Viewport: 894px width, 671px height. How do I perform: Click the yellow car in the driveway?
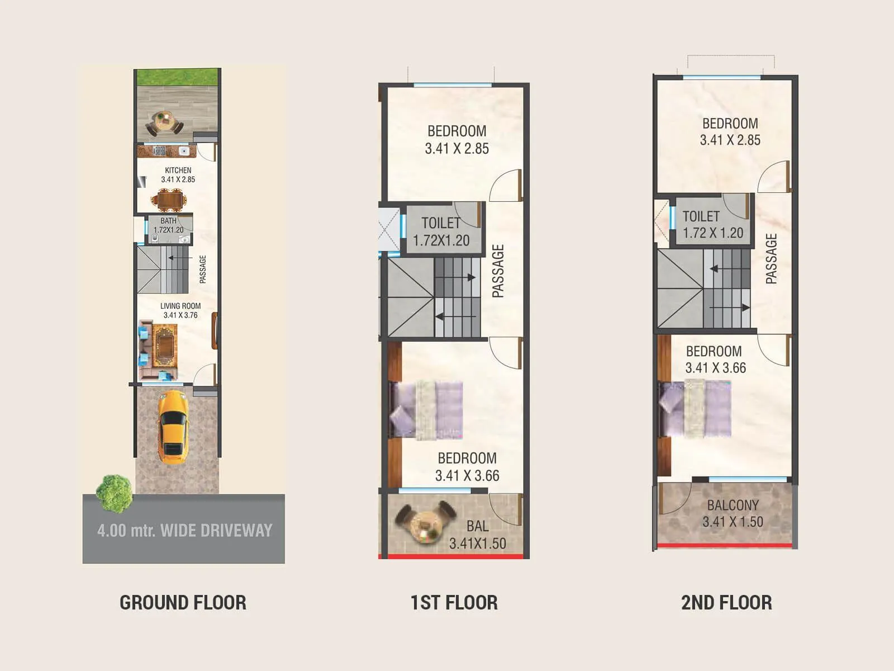tap(172, 427)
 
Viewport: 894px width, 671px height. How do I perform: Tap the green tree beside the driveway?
tap(115, 493)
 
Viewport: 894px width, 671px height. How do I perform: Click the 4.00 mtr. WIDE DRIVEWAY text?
tap(184, 530)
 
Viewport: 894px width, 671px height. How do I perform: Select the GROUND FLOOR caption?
tap(183, 602)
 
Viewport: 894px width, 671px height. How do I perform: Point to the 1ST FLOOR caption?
tap(454, 602)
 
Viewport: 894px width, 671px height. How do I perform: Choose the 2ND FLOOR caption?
tap(726, 602)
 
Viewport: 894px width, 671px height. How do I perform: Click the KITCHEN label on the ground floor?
tap(178, 170)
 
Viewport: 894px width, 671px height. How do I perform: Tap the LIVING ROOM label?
tap(180, 306)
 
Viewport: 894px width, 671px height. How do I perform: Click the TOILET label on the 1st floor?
tap(441, 223)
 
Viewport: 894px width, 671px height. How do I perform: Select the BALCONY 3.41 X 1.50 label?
tap(733, 513)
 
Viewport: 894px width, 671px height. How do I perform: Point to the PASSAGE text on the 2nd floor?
tap(771, 258)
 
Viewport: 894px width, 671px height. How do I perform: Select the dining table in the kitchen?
tap(167, 200)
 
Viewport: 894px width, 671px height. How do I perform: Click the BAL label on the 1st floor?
tap(477, 526)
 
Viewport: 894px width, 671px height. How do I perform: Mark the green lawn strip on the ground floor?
tap(178, 77)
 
